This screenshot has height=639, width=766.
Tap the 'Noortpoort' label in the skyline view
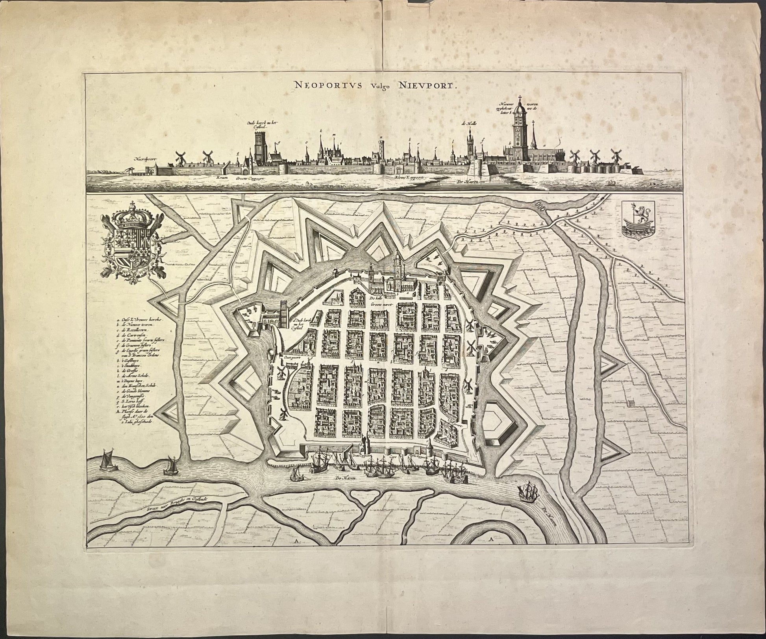click(145, 159)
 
